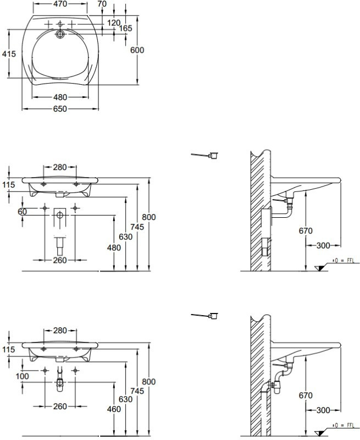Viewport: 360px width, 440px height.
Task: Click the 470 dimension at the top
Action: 60,4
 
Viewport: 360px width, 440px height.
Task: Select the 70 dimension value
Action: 102,4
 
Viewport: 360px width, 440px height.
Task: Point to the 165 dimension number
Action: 126,28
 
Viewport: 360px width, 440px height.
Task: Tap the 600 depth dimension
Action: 137,50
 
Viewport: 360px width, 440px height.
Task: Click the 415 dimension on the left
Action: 9,54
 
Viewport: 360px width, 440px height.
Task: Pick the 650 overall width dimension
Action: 60,109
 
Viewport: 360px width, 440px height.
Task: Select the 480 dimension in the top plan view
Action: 60,97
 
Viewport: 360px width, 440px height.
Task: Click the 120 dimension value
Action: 113,23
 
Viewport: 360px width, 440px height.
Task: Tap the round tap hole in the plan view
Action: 60,34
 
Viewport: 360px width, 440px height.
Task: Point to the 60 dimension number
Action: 22,212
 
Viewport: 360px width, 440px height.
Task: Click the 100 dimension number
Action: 22,376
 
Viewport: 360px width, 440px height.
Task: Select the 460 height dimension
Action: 114,409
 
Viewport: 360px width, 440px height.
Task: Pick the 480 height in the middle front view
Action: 114,248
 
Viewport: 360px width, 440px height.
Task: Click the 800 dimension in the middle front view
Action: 148,217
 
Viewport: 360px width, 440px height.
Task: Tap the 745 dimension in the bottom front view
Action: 138,391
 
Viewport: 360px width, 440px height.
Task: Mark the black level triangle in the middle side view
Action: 319,267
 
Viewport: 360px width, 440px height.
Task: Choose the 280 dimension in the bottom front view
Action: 60,331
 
